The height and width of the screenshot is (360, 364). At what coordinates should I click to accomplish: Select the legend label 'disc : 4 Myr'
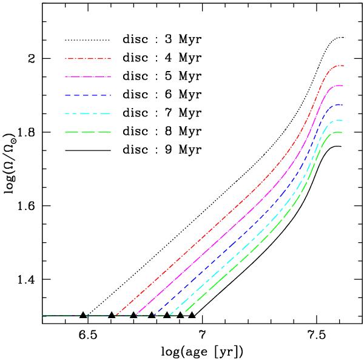point(161,58)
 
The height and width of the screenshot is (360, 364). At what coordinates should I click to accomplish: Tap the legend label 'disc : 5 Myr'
point(161,76)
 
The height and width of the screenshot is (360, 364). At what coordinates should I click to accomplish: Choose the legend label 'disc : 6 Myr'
point(161,95)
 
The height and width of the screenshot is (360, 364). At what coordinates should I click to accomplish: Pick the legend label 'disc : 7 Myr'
point(161,113)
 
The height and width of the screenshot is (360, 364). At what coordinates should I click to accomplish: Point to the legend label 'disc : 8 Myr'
point(161,131)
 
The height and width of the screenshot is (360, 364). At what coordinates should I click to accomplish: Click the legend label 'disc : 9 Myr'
point(161,149)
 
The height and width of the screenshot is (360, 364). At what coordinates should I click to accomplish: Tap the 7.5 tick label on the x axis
point(316,334)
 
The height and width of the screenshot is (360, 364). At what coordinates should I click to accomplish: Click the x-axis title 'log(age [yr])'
point(203,351)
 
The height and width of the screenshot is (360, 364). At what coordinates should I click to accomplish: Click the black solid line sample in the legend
point(87,149)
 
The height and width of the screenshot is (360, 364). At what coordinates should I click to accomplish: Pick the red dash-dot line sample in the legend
point(87,58)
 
